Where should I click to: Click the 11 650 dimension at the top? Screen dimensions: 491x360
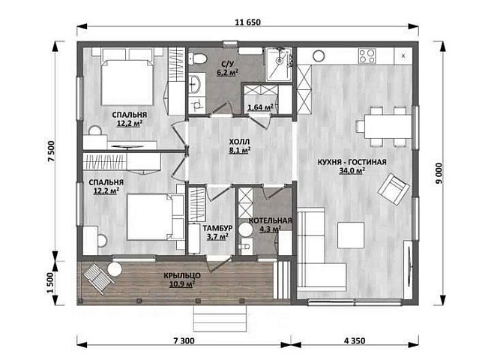point(247,22)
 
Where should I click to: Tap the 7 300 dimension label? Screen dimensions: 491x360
point(184,340)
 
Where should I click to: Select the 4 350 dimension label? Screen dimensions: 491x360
point(355,340)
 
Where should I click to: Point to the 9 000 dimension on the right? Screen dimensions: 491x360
point(439,173)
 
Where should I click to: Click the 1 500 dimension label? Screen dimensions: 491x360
point(51,283)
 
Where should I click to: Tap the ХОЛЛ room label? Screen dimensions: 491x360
point(240,141)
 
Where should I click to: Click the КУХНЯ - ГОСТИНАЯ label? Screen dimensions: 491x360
point(352,162)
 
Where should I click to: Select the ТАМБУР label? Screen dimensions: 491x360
point(217,228)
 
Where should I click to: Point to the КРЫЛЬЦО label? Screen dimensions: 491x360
point(182,276)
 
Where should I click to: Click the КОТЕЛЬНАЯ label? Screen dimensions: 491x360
point(271,220)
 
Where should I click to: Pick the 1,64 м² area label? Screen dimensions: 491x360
point(260,108)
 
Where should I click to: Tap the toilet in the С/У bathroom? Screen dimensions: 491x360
point(198,58)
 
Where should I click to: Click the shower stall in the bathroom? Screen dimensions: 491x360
point(278,64)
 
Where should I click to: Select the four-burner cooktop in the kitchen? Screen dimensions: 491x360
point(367,56)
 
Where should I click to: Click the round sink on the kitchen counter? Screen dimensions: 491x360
point(319,56)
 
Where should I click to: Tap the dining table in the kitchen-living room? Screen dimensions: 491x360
point(388,127)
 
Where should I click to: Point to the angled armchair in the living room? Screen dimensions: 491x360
point(394,189)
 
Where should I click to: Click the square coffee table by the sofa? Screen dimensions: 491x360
point(351,235)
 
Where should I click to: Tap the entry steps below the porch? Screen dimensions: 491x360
point(220,318)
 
